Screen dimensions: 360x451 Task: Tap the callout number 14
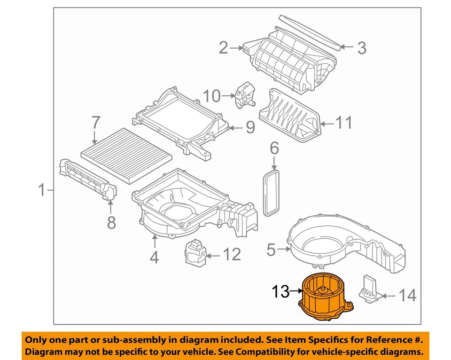(x=407, y=296)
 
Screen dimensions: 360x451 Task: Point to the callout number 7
(x=95, y=123)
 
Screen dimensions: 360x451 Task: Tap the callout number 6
(x=274, y=149)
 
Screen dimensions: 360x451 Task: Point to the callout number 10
(x=211, y=96)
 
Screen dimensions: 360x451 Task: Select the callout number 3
(x=361, y=47)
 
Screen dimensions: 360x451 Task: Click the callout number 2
(x=223, y=47)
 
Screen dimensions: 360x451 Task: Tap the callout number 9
(x=250, y=127)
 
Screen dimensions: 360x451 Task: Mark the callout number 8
(x=111, y=222)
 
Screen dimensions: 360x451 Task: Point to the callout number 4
(x=154, y=257)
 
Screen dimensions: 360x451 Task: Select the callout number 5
(x=271, y=250)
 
